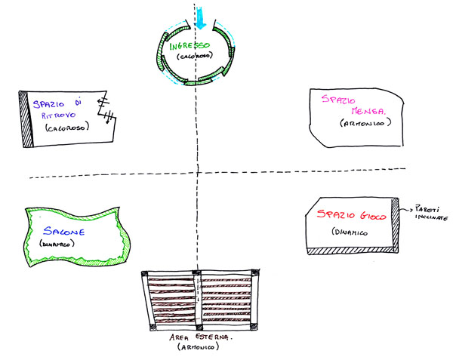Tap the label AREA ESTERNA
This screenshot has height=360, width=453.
(200, 339)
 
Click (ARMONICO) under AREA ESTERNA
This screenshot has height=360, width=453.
(200, 349)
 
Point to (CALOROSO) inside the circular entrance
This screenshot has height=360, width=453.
(193, 57)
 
